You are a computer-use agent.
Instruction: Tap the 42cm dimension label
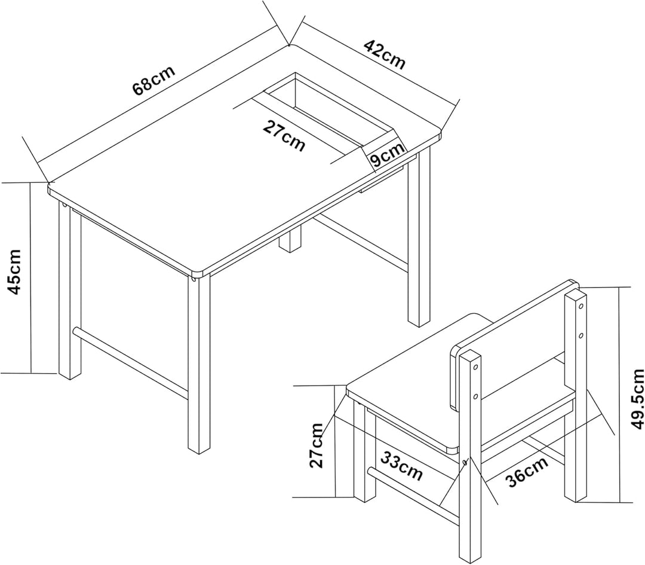(385, 55)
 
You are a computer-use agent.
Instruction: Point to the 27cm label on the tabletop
(284, 136)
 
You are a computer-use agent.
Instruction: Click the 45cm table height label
(15, 272)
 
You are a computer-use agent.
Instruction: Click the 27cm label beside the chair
(317, 445)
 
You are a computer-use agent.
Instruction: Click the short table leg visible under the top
(290, 240)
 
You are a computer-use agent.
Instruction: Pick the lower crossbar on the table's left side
(131, 362)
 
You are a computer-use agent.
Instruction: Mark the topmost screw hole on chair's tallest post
(581, 306)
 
